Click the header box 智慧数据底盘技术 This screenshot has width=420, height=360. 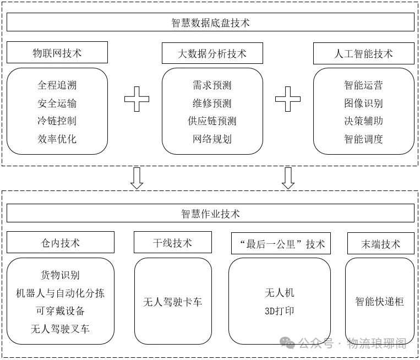tap(210, 23)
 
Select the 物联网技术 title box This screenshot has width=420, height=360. tap(57, 53)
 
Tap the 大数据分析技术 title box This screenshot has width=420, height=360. tap(212, 53)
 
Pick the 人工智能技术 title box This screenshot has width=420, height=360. tap(363, 53)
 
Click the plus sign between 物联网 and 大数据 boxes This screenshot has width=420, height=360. tap(137, 99)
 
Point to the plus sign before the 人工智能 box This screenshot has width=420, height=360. tap(288, 99)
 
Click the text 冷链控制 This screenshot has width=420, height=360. tap(57, 121)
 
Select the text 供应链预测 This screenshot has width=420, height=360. tap(212, 121)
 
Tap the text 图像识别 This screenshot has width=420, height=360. tap(363, 103)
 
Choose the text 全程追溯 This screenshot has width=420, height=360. tap(57, 85)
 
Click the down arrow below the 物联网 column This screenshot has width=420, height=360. tap(137, 178)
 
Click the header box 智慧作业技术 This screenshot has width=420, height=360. tap(210, 214)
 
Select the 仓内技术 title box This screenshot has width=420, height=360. tap(61, 243)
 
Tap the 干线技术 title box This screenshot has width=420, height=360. tap(172, 243)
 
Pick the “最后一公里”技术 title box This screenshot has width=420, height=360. tap(280, 244)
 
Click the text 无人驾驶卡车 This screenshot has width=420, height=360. tap(172, 302)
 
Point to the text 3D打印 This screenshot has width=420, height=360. tap(280, 311)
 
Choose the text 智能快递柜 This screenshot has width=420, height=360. tap(379, 302)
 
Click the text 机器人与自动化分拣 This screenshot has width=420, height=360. tap(61, 293)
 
